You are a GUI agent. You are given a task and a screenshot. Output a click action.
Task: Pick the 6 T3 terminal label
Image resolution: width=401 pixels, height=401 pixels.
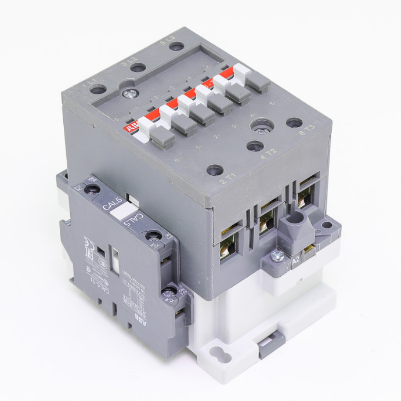pos(305,131)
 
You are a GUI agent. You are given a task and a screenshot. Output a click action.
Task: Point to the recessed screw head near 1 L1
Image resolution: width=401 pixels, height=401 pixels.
pos(132,91)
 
